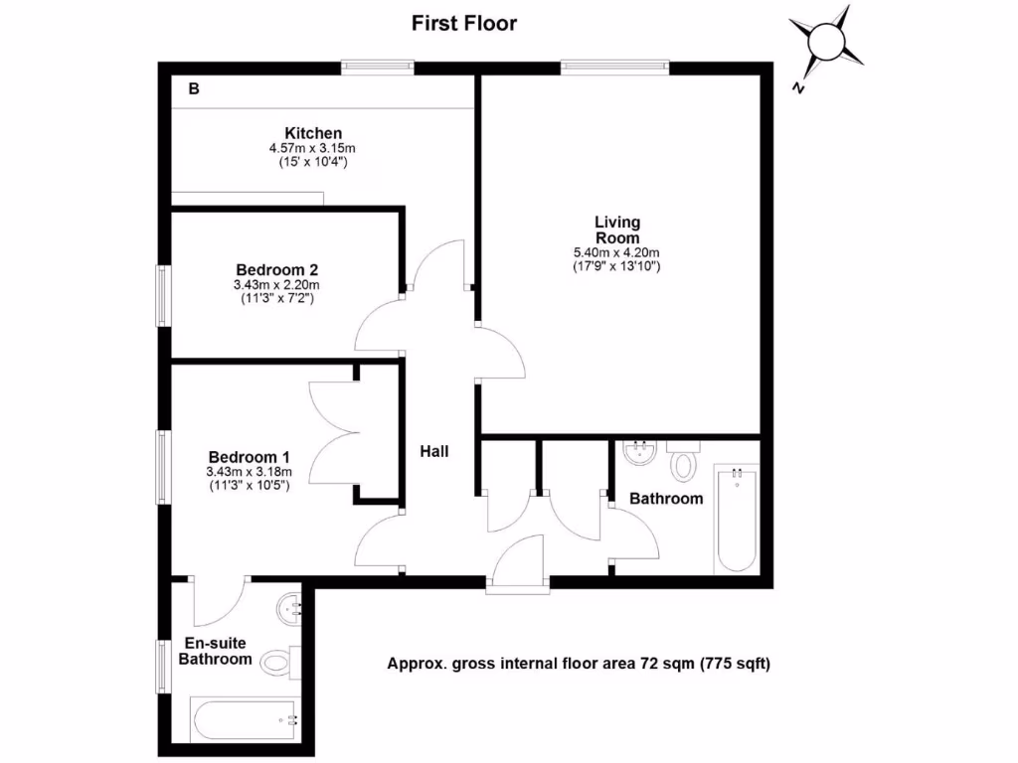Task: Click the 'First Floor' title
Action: pos(464,23)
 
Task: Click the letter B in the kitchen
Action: pos(194,89)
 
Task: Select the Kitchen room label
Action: pos(313,133)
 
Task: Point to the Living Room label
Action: pos(617,229)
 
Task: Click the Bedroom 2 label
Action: pos(276,269)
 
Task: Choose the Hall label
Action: pos(433,451)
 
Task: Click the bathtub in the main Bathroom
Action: pos(737,520)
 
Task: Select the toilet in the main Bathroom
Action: pos(683,462)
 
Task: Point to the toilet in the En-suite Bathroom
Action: pos(278,660)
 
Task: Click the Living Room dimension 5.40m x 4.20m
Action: pos(617,252)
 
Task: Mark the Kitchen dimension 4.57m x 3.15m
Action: pos(313,148)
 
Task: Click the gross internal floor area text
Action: pos(579,664)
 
